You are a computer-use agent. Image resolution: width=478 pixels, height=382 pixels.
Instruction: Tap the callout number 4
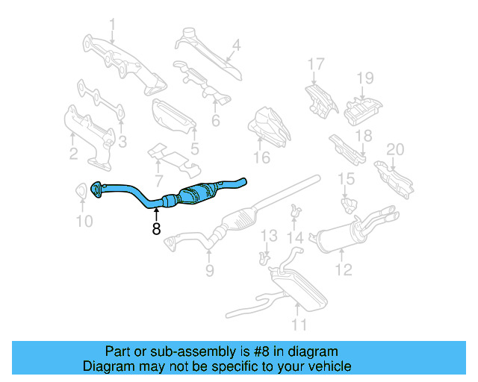click(236, 45)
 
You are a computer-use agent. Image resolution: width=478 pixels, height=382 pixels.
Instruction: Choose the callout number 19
click(364, 78)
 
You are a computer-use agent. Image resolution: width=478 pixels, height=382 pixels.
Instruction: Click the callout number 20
click(394, 149)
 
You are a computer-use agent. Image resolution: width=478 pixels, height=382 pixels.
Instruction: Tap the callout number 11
click(299, 324)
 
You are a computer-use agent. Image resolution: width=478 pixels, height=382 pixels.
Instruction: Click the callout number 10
click(84, 221)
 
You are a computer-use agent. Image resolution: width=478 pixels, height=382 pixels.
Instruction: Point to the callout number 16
click(261, 157)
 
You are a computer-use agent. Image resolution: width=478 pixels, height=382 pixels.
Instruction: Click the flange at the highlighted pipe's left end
click(96, 190)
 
